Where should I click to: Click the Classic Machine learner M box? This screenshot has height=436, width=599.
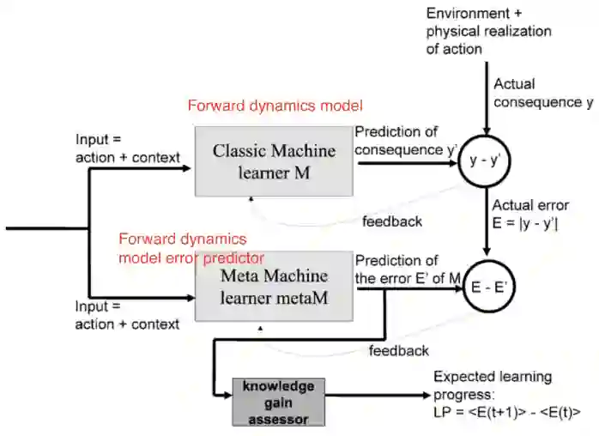(x=274, y=161)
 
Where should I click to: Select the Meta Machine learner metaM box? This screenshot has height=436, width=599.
(x=274, y=286)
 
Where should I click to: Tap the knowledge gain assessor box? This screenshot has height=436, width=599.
(x=279, y=402)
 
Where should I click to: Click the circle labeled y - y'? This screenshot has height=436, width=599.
(x=484, y=160)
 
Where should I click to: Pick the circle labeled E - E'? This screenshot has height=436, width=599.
(x=489, y=287)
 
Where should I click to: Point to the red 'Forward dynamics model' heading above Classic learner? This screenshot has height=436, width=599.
(x=275, y=106)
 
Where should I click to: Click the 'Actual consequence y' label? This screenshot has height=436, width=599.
(x=543, y=93)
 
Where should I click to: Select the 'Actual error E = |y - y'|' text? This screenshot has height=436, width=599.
(x=530, y=215)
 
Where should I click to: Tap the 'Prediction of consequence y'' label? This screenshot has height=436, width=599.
(x=406, y=141)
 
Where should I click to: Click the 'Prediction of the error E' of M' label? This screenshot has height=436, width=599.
(x=408, y=269)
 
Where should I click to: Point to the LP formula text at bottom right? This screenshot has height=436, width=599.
(x=507, y=412)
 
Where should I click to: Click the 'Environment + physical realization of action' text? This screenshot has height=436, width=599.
(x=489, y=31)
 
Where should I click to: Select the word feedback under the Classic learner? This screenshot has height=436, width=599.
(x=392, y=221)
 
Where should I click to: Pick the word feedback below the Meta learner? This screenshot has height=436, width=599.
(x=399, y=350)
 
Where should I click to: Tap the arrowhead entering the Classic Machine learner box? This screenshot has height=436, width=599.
(x=186, y=168)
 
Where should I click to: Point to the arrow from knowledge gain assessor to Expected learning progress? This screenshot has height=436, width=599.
(x=378, y=396)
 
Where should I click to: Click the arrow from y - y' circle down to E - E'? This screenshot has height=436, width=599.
(x=486, y=221)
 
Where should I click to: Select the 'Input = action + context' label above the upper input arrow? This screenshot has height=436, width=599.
(x=128, y=148)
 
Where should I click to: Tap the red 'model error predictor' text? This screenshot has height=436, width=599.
(x=191, y=258)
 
